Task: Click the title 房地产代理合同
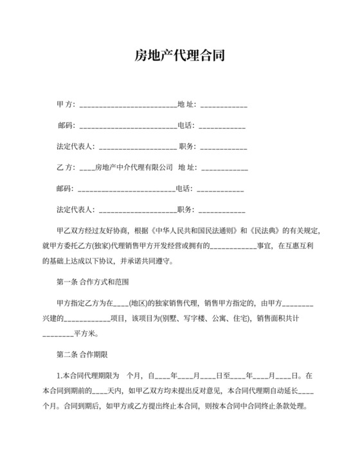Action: click(179, 57)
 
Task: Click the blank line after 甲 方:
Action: click(127, 105)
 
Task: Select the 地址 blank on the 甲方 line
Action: click(224, 105)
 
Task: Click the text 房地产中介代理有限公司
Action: click(134, 168)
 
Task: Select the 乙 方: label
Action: click(66, 168)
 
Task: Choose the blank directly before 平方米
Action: click(58, 335)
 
